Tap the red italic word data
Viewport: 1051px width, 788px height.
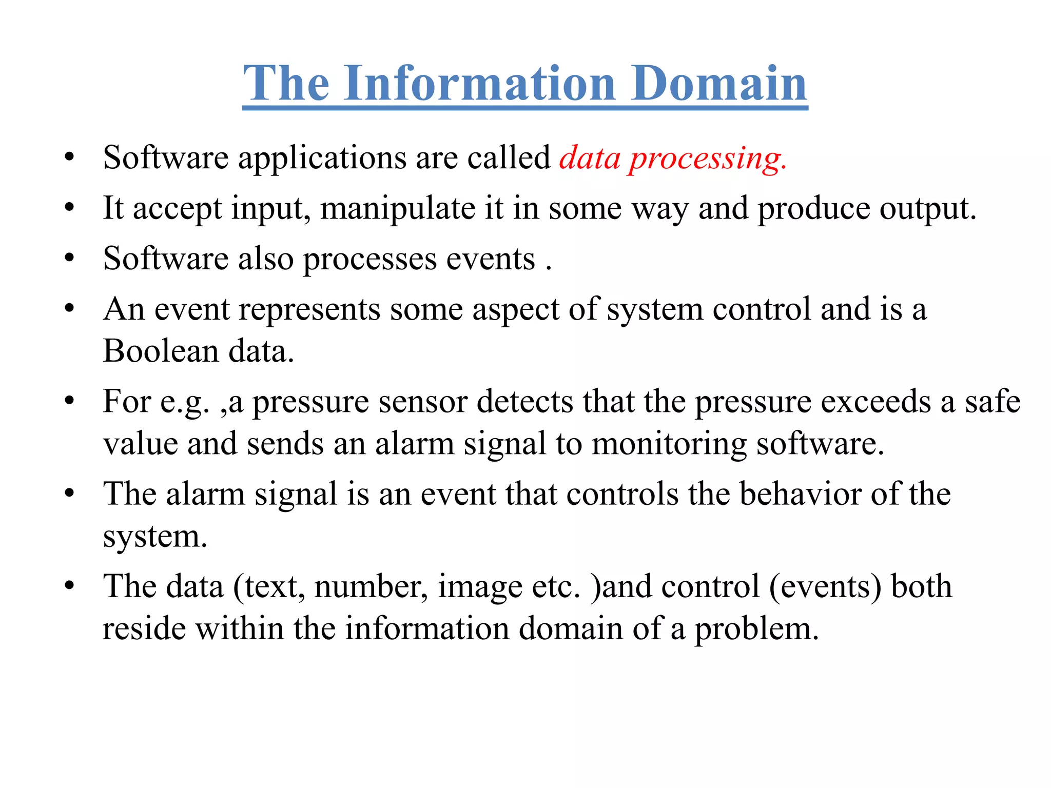pos(590,158)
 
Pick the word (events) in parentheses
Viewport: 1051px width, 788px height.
pos(825,587)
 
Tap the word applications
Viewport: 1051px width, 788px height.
pos(322,159)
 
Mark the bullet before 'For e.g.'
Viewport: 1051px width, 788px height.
pos(70,401)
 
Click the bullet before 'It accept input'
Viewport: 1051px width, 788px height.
pos(70,208)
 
